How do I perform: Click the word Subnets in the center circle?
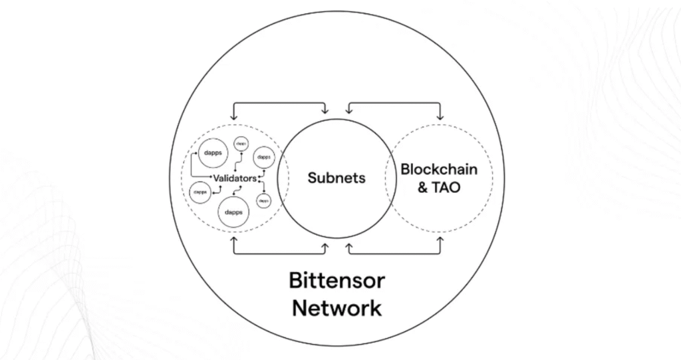(x=336, y=178)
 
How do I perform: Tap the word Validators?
(x=234, y=178)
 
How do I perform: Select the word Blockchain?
(x=438, y=169)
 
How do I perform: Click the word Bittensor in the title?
(x=337, y=280)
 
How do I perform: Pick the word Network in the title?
(x=337, y=309)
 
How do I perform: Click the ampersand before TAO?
(x=423, y=188)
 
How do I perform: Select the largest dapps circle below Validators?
(x=233, y=212)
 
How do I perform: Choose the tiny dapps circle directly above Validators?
(x=239, y=143)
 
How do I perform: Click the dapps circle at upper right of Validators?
(x=264, y=157)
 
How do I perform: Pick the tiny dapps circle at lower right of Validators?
(x=264, y=199)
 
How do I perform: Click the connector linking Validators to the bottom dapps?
(x=235, y=190)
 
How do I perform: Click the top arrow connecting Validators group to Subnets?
(x=279, y=103)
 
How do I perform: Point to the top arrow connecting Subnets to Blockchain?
(x=394, y=103)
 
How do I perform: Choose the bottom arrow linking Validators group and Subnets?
(x=279, y=254)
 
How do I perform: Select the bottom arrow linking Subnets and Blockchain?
(x=394, y=254)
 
